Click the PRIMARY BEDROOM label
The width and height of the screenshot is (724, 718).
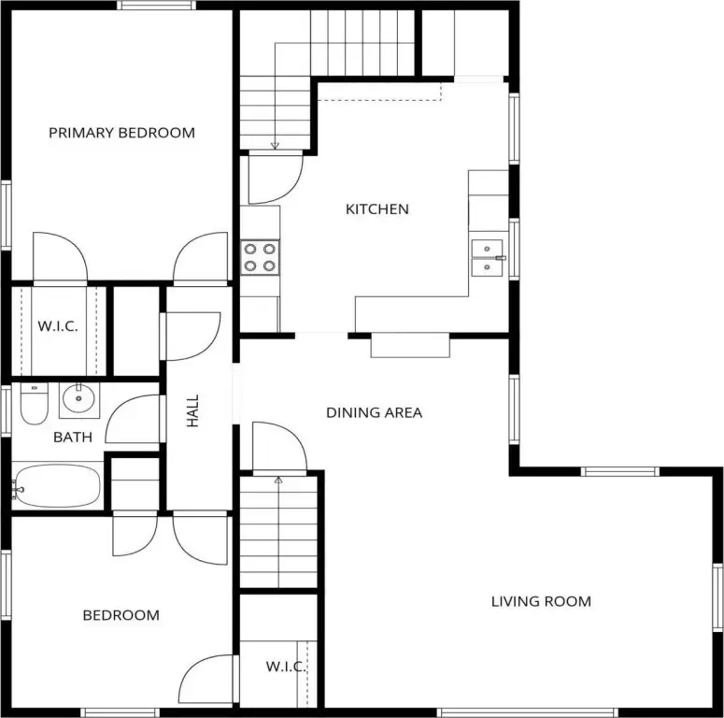coord(121,133)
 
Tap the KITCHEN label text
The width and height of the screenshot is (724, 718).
coord(377,209)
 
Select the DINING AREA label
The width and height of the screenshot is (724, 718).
coord(374,412)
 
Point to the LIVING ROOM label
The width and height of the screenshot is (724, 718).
coord(541,601)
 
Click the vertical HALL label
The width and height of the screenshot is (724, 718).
coord(192,410)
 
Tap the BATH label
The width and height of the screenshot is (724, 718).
coord(73,438)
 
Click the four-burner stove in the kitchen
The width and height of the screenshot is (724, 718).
coord(260,257)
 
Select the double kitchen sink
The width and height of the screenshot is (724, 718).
coord(487,258)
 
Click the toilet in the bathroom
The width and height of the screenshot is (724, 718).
coord(35,404)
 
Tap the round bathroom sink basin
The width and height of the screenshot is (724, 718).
coord(78,398)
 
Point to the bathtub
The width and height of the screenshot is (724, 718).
coord(56,486)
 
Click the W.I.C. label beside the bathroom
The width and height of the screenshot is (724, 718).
coord(58,326)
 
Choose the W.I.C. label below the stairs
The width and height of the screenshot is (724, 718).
coord(285,667)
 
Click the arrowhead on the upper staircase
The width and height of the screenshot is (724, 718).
coord(275,146)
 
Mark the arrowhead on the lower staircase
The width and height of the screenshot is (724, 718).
coord(278,480)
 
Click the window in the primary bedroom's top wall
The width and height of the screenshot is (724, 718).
coord(156,6)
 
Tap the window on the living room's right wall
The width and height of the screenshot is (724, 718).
coord(718,597)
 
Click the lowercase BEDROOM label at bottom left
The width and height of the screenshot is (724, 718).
coord(121,615)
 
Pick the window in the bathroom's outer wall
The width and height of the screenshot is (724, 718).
coord(6,410)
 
